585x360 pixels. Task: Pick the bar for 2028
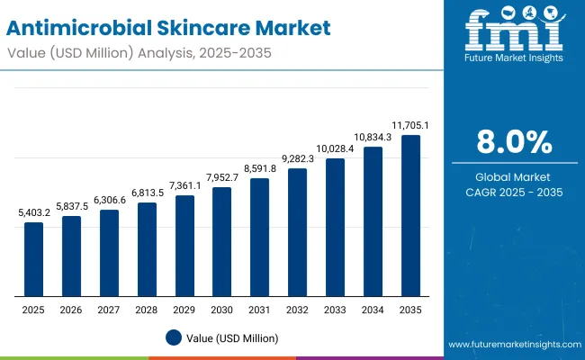point(147,249)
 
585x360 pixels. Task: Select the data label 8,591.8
point(259,168)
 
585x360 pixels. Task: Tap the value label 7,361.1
point(184,185)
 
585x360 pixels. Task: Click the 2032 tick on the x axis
point(297,310)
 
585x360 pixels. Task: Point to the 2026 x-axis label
point(71,310)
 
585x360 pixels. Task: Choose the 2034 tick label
point(373,310)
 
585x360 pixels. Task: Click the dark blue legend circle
point(174,337)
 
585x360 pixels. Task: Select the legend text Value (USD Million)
point(233,337)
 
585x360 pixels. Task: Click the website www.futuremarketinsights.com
point(510,345)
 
